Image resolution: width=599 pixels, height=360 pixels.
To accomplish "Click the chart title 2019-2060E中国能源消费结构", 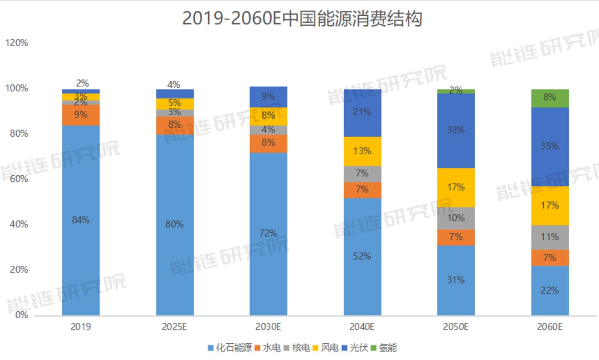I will tap(302, 19).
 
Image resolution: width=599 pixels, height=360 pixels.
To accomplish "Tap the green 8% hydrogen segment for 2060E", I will tap(550, 98).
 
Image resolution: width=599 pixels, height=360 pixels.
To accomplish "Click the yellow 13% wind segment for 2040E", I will tap(362, 151).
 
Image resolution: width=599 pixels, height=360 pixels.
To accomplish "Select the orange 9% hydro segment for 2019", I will tap(81, 115).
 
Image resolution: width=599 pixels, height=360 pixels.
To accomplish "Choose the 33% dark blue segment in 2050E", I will tap(456, 130).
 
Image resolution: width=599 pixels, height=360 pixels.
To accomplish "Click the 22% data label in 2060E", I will tap(550, 291).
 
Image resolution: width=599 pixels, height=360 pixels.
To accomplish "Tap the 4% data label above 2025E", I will tap(174, 84).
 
